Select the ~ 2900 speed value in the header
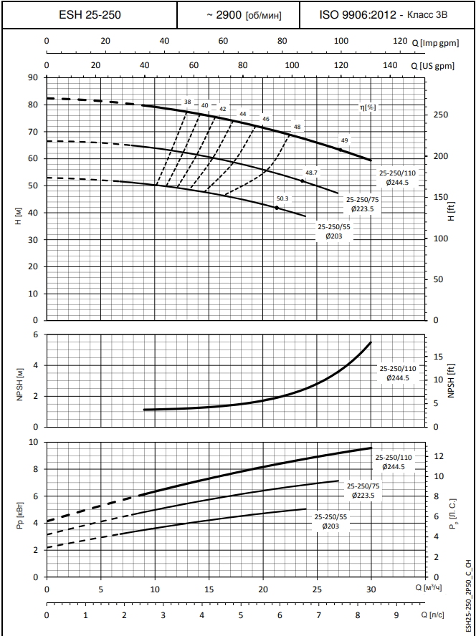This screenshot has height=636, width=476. click(224, 14)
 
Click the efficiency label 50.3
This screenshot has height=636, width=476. click(282, 198)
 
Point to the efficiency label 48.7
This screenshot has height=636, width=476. click(311, 173)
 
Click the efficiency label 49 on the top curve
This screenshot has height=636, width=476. click(344, 140)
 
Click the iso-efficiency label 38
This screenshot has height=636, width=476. click(188, 102)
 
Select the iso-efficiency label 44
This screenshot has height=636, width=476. click(242, 113)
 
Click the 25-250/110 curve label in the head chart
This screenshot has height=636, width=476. click(397, 173)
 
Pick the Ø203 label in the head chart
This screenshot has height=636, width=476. click(332, 236)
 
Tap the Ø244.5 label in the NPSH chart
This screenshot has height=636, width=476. click(397, 377)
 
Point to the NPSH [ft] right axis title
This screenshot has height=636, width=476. click(452, 380)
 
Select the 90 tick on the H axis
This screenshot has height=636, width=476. click(32, 77)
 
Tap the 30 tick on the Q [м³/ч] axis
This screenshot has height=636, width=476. click(371, 589)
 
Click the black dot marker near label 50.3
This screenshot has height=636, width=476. click(277, 208)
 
